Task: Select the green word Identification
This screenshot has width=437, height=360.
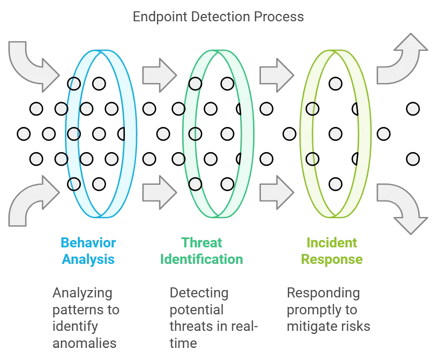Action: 201,260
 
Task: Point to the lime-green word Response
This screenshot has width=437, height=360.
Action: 332,260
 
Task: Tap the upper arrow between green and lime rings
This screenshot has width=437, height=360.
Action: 275,75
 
